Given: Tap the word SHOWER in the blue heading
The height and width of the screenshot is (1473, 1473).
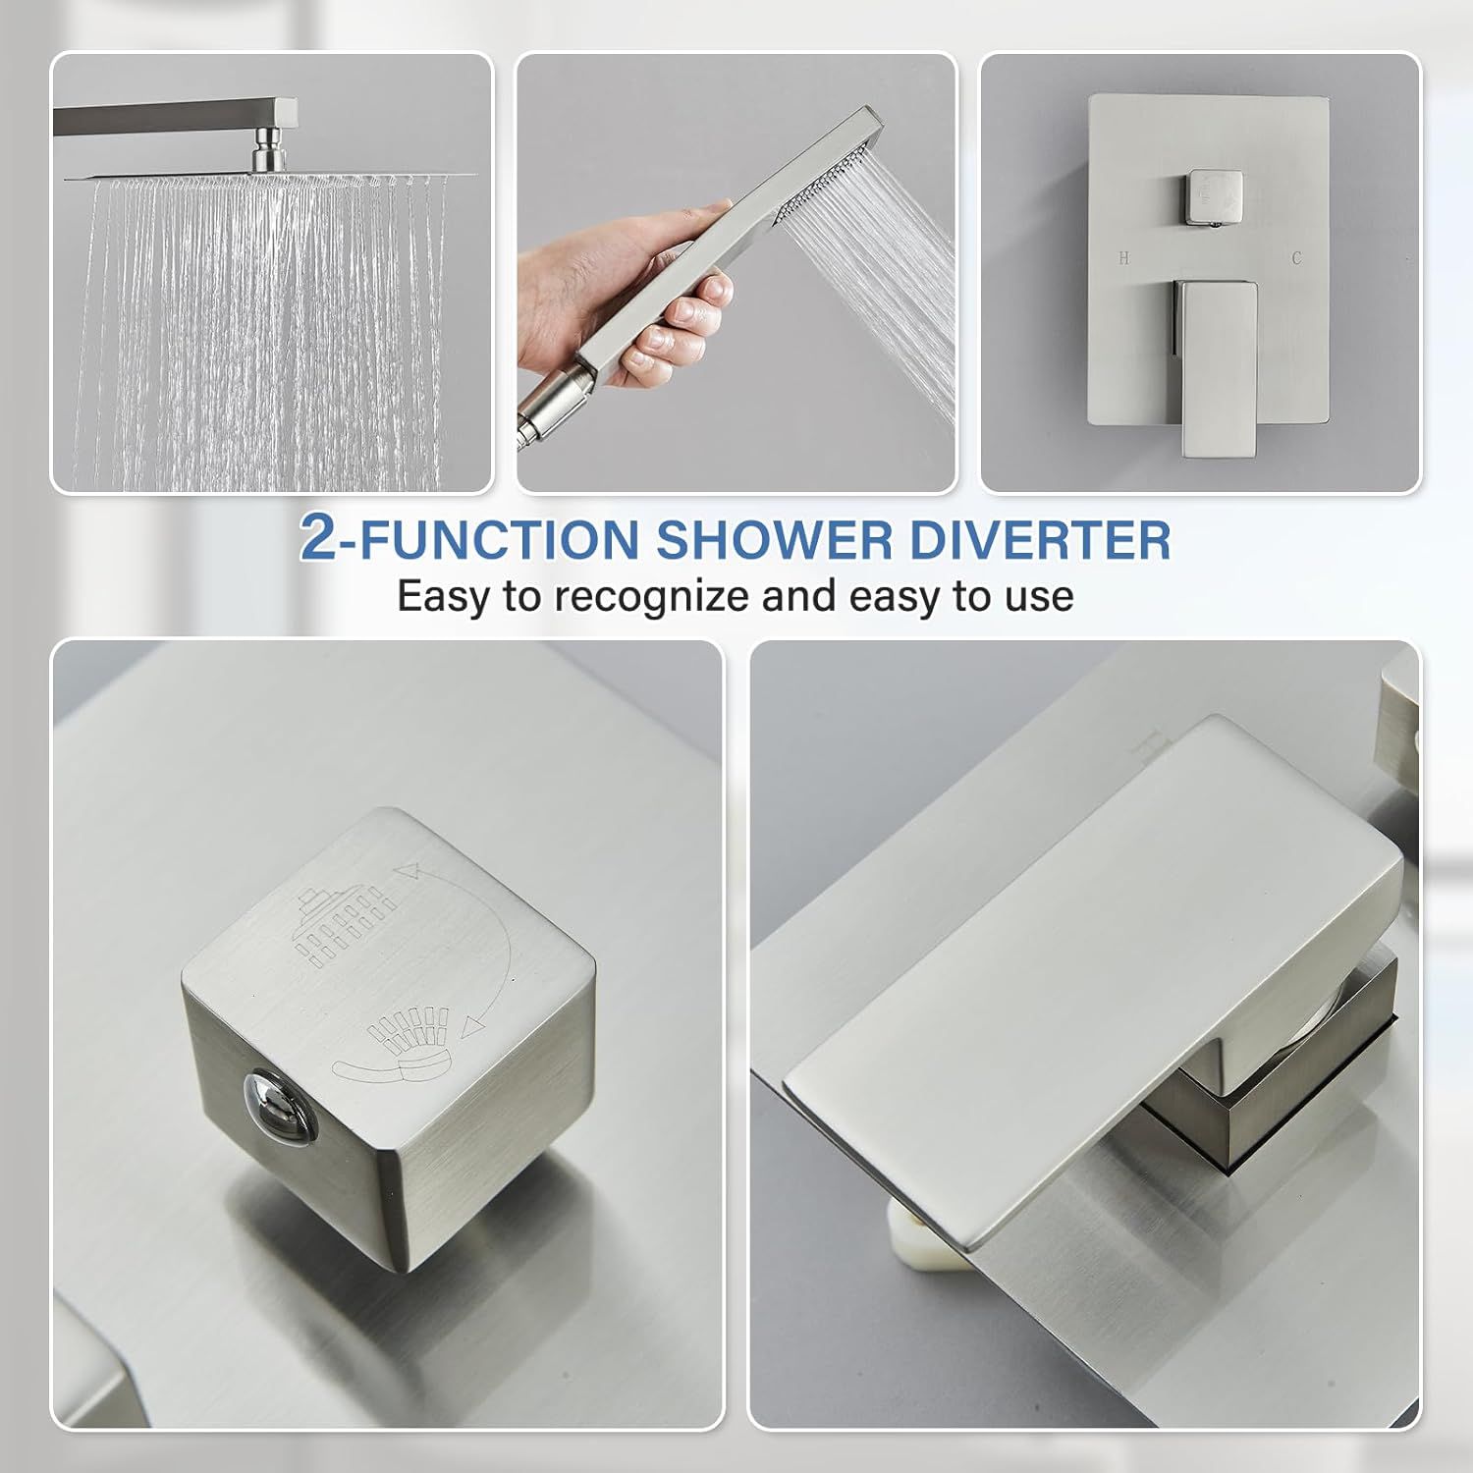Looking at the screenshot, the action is click(x=774, y=539).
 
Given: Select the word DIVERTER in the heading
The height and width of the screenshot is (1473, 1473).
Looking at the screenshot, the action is click(x=1039, y=539).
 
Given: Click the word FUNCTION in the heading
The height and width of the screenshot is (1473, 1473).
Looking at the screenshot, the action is click(x=499, y=539).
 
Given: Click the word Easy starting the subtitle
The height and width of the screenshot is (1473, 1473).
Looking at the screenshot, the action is click(x=443, y=597).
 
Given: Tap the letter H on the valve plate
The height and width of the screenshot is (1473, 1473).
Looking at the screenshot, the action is click(x=1123, y=258).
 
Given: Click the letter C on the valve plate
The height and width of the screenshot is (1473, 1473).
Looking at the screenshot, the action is click(x=1296, y=258).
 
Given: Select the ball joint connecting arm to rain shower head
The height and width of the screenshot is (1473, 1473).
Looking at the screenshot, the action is click(x=267, y=154).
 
